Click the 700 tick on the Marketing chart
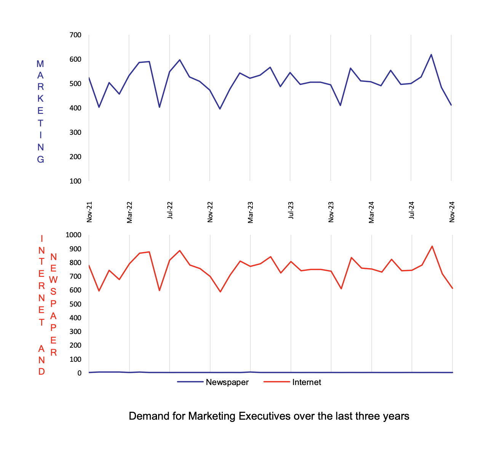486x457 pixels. (x=75, y=35)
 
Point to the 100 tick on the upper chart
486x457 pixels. (x=75, y=181)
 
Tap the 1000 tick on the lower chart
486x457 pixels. (x=74, y=235)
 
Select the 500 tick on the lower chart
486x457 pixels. (x=75, y=304)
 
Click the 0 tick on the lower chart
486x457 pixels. (x=79, y=373)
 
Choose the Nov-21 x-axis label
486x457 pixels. (x=90, y=212)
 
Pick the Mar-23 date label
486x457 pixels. (x=250, y=212)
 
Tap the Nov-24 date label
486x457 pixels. (x=452, y=212)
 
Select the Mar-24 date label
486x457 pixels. (x=371, y=212)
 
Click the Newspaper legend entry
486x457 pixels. (x=227, y=382)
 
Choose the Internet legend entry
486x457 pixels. (x=307, y=382)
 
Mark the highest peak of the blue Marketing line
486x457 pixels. (x=431, y=54)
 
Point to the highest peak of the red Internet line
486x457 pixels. (x=432, y=246)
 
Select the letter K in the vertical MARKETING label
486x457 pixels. (x=40, y=99)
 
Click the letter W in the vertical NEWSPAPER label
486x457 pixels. (x=53, y=280)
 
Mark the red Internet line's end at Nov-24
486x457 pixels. (x=452, y=288)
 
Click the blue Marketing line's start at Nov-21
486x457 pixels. (x=89, y=78)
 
